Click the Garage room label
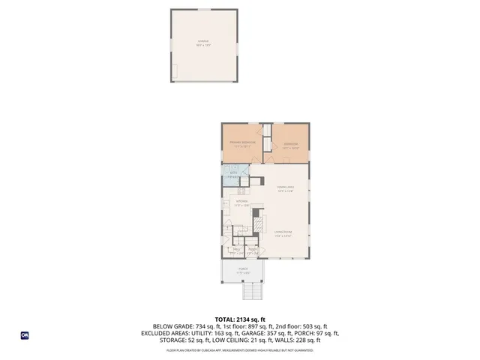tap(203, 43)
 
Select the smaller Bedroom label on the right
tap(290, 145)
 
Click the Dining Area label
tap(286, 188)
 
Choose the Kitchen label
tap(242, 203)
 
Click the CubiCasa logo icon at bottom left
tap(25, 335)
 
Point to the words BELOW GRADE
tap(172, 327)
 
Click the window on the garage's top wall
tap(203, 10)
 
